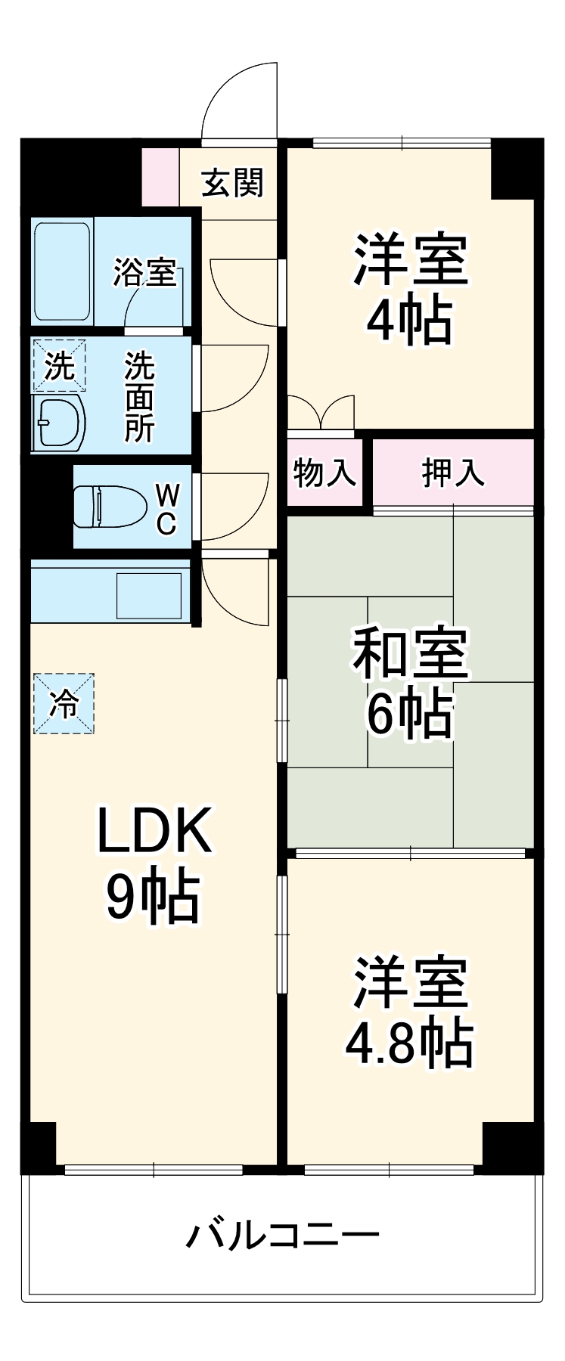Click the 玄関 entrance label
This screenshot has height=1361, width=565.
coord(232,183)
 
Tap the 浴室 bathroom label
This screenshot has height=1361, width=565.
coord(144,273)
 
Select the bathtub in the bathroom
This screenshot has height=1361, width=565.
coord(63,271)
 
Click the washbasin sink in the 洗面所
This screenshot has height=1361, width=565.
coord(58,420)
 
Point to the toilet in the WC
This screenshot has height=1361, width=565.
coord(110,506)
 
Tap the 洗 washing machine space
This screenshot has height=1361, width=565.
coord(59,367)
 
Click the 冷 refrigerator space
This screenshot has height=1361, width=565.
coord(64,704)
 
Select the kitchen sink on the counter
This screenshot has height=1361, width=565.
coord(148,595)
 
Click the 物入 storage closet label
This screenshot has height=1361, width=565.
coord(324,473)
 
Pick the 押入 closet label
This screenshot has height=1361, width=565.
coord(452,473)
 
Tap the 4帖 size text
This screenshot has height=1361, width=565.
coord(409,320)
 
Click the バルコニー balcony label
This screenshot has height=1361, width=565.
coord(283,1236)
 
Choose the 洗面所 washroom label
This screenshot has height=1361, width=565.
coord(140,397)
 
